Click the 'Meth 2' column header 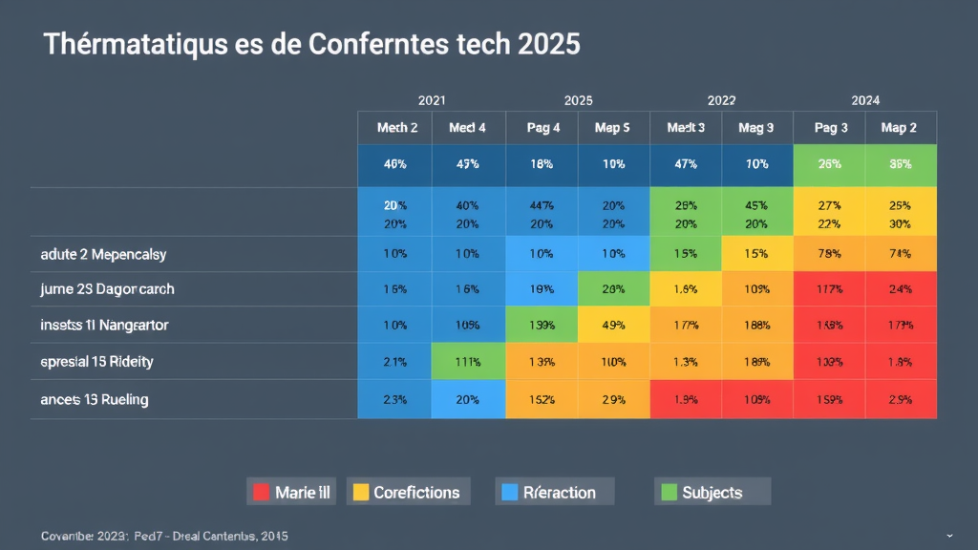point(396,128)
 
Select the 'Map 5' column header point(612,128)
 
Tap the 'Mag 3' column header point(756,128)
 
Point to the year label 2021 point(432,100)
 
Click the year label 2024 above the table point(865,100)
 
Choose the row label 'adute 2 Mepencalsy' point(103,255)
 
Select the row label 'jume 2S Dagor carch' point(107,288)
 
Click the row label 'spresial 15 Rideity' point(96,362)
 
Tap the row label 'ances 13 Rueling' point(95,399)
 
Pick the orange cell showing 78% point(829,254)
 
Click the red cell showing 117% point(829,288)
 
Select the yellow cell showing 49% point(612,326)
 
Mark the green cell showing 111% point(468,362)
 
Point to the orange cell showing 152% point(541,399)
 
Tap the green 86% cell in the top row point(901,164)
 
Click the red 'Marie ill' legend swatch point(260,493)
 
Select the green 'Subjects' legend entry point(712,493)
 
